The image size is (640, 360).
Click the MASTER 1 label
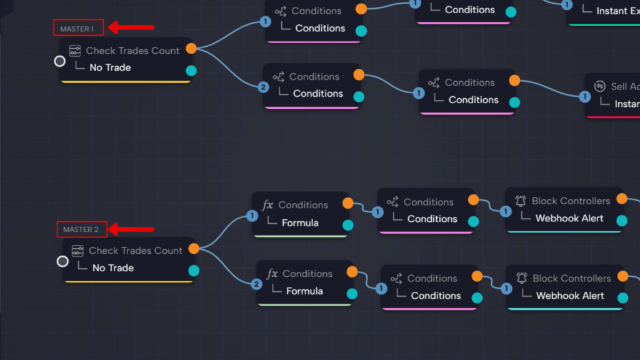coord(77,29)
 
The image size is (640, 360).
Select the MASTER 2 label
coord(81,229)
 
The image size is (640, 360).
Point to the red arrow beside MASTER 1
coord(132,27)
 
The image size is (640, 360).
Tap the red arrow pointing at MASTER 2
coord(132,229)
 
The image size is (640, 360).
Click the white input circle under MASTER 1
coord(59,61)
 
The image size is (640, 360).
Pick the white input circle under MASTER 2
coord(62,261)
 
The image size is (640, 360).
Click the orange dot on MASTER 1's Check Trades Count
coord(191,48)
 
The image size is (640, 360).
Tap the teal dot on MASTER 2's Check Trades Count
coord(194,271)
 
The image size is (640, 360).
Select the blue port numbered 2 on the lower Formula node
coord(256,284)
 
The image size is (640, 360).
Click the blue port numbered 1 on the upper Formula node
coord(252,216)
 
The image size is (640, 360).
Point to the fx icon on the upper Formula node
coord(267,205)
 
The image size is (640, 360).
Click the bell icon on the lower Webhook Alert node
coord(521,278)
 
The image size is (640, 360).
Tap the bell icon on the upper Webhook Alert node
coord(521,201)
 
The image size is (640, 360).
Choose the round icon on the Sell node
coord(600,86)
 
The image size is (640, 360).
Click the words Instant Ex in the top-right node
coord(617,11)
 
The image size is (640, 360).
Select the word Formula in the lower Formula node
coord(304,291)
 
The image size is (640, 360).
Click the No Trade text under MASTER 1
coord(110,67)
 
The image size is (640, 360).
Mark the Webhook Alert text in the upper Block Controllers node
coord(569,219)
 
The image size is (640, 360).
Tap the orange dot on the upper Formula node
coord(348,202)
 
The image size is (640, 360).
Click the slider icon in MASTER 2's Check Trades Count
coord(77,251)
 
